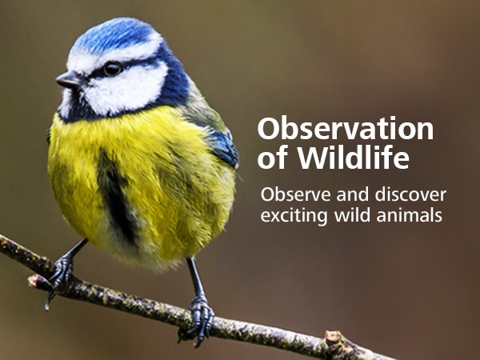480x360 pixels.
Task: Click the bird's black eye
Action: (112, 69)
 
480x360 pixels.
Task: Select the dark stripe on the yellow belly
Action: (117, 196)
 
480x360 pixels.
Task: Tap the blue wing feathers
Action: (223, 147)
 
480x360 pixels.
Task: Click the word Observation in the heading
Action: (346, 129)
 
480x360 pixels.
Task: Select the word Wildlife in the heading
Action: (354, 158)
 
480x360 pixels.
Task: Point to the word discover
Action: (410, 194)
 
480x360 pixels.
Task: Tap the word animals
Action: (410, 214)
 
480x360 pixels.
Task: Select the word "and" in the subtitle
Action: (353, 194)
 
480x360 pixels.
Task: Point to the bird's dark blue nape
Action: (174, 79)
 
